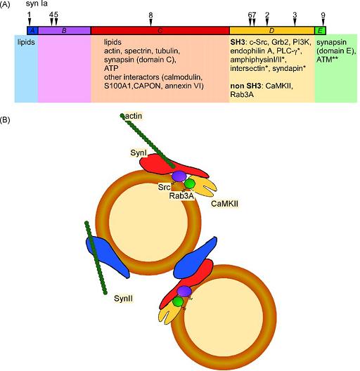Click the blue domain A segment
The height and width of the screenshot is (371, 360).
point(32,30)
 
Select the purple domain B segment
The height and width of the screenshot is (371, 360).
point(65,30)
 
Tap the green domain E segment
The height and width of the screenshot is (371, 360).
point(320,30)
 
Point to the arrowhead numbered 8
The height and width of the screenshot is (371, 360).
point(151,22)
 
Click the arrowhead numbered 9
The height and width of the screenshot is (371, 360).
point(323,22)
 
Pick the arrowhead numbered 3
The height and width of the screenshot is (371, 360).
point(295,22)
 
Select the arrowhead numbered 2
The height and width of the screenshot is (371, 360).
point(267,22)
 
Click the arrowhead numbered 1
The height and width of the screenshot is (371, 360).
point(30,22)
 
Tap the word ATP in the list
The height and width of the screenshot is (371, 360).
point(111,68)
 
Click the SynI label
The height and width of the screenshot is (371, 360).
point(139,152)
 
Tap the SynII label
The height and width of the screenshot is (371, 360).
point(123,299)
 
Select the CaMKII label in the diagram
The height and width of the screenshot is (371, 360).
point(224,204)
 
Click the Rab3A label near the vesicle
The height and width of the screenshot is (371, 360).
point(181,195)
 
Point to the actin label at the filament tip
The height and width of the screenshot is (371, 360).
point(134,116)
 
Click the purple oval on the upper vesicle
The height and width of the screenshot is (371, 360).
point(179,176)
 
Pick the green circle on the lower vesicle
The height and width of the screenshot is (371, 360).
point(178,302)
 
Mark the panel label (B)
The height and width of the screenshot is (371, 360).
point(5,120)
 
